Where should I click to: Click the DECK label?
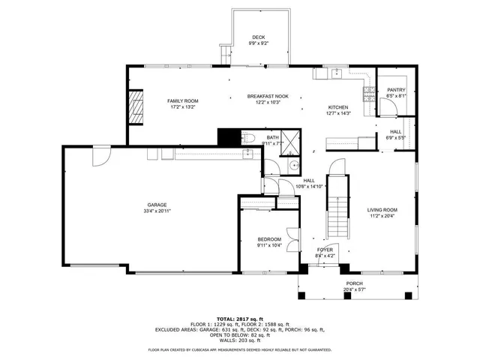(x=258, y=37)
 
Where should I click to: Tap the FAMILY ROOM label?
(x=182, y=100)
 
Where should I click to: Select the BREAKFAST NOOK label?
(x=268, y=96)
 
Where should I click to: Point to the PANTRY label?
(x=396, y=90)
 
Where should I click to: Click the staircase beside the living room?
(x=340, y=205)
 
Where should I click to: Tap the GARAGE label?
(x=156, y=205)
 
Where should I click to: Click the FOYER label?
(x=324, y=250)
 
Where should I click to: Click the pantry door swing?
(x=386, y=107)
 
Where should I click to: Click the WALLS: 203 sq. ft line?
(x=240, y=340)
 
